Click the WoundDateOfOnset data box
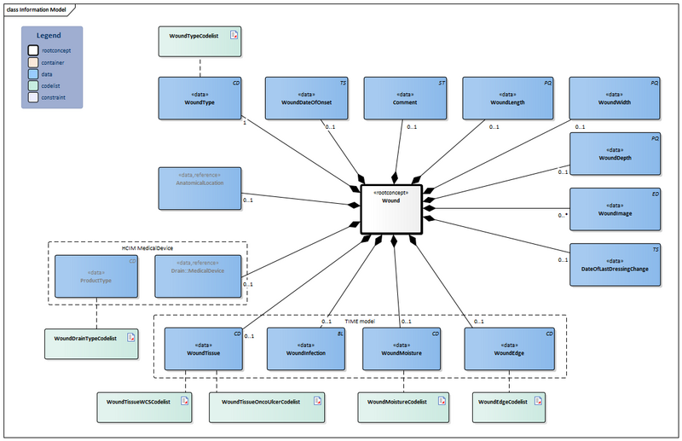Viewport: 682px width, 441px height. click(308, 97)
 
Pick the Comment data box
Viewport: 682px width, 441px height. click(406, 97)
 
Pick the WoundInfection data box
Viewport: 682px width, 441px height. click(305, 348)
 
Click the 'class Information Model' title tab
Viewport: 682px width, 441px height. click(38, 9)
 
